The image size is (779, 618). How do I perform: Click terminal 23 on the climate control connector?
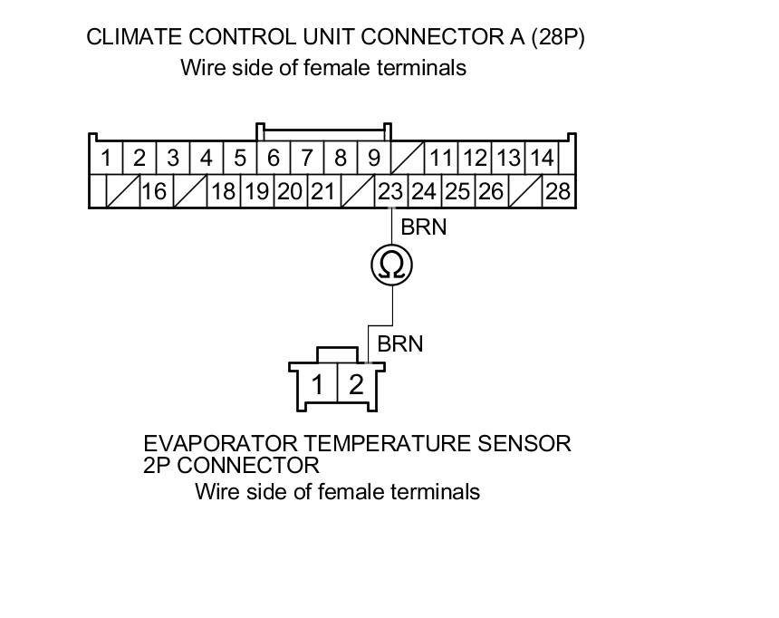[390, 192]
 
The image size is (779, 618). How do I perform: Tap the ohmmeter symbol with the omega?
[392, 266]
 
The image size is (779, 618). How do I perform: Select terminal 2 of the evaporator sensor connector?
[356, 384]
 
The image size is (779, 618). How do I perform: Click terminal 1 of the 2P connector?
[318, 384]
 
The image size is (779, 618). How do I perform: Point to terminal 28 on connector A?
[559, 192]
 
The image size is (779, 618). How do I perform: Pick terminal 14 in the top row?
[542, 159]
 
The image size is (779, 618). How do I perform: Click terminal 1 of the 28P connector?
[106, 159]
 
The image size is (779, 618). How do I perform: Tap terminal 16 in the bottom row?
[155, 192]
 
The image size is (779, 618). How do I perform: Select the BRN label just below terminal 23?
[424, 227]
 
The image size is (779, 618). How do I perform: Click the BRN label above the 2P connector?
[400, 344]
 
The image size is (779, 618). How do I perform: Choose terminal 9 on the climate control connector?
[373, 159]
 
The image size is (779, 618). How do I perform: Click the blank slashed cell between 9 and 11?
[407, 159]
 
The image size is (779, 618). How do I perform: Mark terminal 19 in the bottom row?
[256, 192]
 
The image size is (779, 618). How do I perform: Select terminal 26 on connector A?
[491, 192]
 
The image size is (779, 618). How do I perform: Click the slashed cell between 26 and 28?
[525, 192]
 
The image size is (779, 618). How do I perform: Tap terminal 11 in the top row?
[441, 159]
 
